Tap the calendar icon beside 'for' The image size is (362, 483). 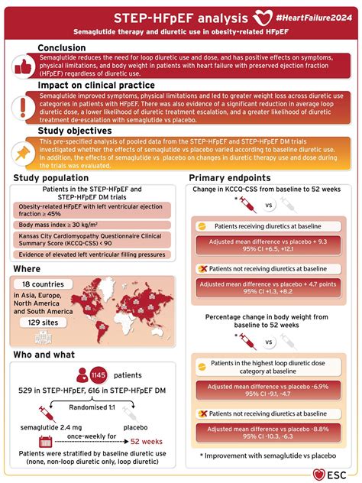[x=44, y=441]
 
